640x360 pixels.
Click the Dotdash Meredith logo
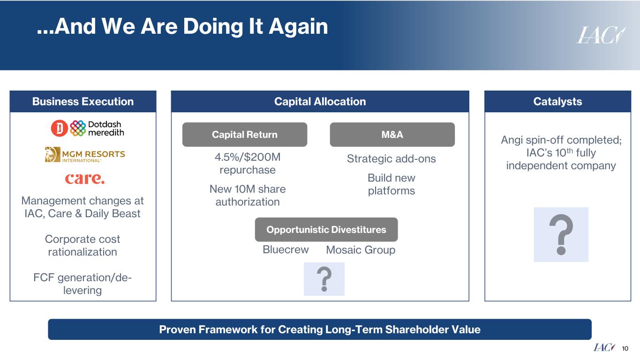click(88, 128)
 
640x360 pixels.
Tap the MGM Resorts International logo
click(85, 155)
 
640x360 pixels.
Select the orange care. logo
click(85, 179)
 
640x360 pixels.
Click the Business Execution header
click(83, 102)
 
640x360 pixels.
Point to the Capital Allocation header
click(320, 102)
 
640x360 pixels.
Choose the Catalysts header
click(557, 102)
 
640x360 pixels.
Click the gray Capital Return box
click(244, 135)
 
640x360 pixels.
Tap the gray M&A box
click(392, 135)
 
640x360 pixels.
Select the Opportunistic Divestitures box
click(326, 230)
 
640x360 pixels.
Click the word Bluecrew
click(286, 250)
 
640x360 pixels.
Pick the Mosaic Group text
click(361, 250)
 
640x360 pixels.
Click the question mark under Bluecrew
click(324, 279)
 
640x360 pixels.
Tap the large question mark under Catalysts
click(561, 234)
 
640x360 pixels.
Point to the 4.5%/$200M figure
click(248, 157)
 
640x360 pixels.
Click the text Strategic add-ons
click(391, 159)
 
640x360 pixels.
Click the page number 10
click(625, 348)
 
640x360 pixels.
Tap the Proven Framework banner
click(320, 330)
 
